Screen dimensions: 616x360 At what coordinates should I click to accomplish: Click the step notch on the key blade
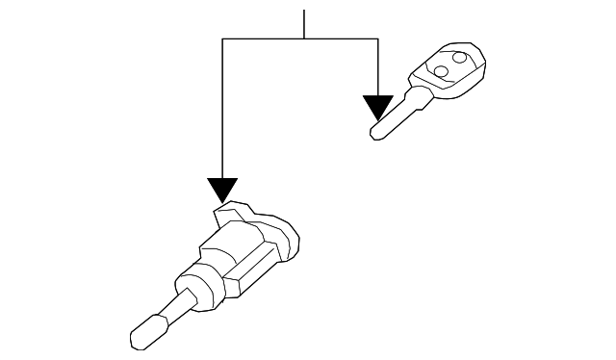408,103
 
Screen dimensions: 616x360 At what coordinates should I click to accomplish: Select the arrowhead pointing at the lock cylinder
222,190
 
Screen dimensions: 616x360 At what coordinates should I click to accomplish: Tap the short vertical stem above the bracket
304,24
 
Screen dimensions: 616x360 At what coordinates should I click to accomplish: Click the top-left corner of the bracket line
222,39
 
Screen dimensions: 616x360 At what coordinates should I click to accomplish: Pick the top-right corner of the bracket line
377,39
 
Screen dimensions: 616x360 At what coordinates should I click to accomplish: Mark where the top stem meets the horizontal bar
304,39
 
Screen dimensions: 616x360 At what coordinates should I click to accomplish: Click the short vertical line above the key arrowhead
377,67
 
